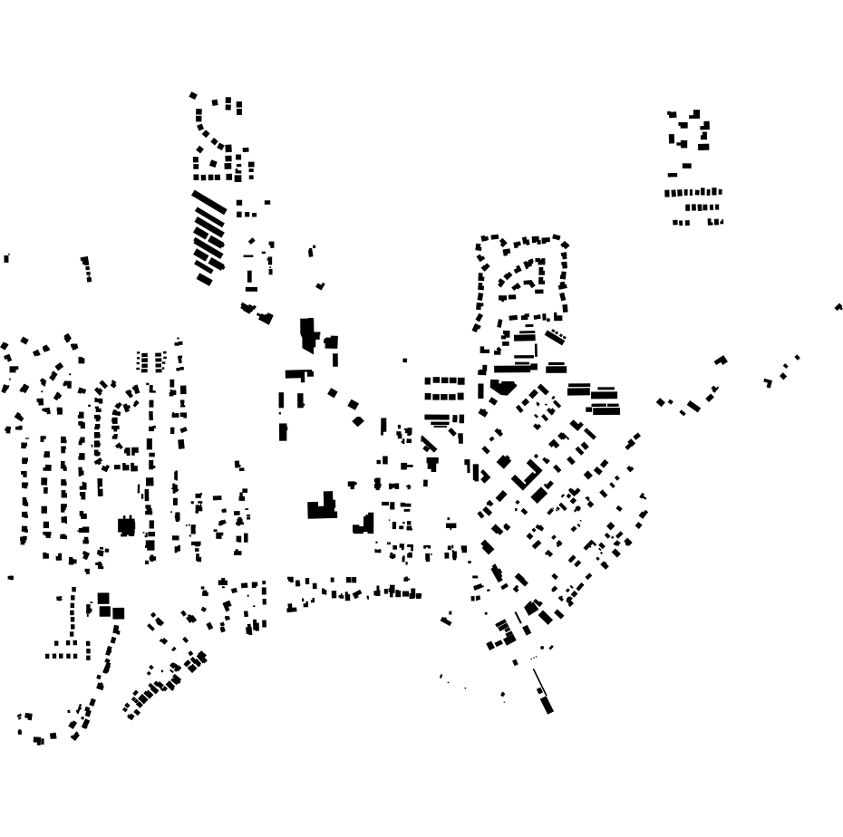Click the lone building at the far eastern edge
pyautogui.click(x=838, y=308)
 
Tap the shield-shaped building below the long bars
pyautogui.click(x=502, y=387)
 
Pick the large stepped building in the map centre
pyautogui.click(x=322, y=506)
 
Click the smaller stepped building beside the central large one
pyautogui.click(x=365, y=524)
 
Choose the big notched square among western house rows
pyautogui.click(x=126, y=525)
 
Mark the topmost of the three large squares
pyautogui.click(x=103, y=599)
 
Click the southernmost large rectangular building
pyautogui.click(x=546, y=703)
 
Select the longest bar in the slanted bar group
pyautogui.click(x=208, y=201)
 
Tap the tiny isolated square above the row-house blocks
pyautogui.click(x=405, y=361)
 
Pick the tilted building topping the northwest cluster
pyautogui.click(x=193, y=94)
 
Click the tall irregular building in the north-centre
pyautogui.click(x=308, y=333)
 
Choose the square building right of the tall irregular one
pyautogui.click(x=332, y=342)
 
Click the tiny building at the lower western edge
pyautogui.click(x=11, y=577)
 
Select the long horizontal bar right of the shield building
pyautogui.click(x=516, y=370)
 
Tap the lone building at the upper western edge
pyautogui.click(x=6, y=259)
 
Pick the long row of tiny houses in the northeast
pyautogui.click(x=693, y=193)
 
